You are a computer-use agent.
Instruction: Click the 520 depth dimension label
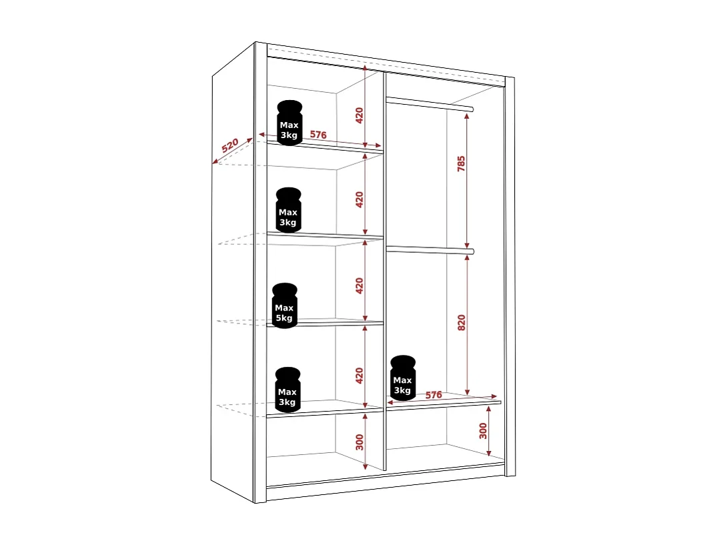coord(230,145)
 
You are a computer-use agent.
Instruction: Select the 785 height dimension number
coord(461,164)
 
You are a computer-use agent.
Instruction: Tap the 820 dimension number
coord(461,322)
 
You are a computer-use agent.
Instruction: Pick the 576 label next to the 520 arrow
coord(318,135)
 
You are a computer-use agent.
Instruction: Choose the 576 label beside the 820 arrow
coord(434,395)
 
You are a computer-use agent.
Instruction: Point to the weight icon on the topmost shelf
coord(289,123)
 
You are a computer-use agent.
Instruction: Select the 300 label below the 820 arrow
coord(483,430)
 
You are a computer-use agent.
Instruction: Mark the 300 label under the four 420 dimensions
coord(359,442)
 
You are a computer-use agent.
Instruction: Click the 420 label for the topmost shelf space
coord(359,115)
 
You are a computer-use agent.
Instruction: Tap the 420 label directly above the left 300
coord(359,376)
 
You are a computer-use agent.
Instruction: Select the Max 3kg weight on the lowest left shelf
coord(288,390)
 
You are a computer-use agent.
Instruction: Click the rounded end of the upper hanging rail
coord(471,108)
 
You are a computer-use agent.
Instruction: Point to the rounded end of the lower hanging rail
coord(471,251)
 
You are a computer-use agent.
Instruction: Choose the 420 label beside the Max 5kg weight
coord(359,286)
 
